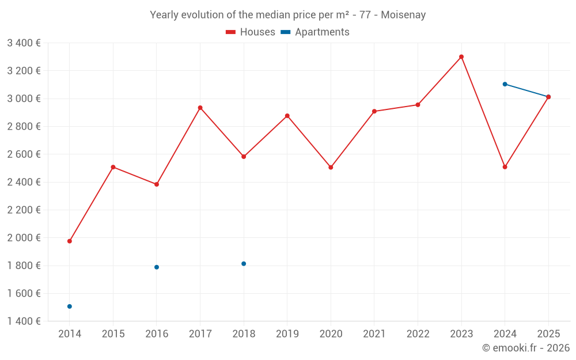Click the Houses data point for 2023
tap(461, 57)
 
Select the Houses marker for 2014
tap(70, 241)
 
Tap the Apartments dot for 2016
tap(157, 267)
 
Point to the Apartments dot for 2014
tap(70, 306)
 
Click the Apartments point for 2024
tap(505, 84)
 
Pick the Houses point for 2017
tap(200, 108)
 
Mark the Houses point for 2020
tap(331, 168)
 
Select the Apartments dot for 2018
tap(244, 264)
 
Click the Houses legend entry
tap(251, 32)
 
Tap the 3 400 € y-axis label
tap(24, 43)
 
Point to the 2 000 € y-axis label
tap(24, 238)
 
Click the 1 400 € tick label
tap(24, 321)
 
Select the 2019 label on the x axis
tap(287, 334)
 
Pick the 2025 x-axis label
tap(548, 334)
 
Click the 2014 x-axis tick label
tap(70, 334)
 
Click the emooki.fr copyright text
tap(526, 348)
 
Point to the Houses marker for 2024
tap(505, 167)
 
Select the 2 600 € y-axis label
tap(24, 154)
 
